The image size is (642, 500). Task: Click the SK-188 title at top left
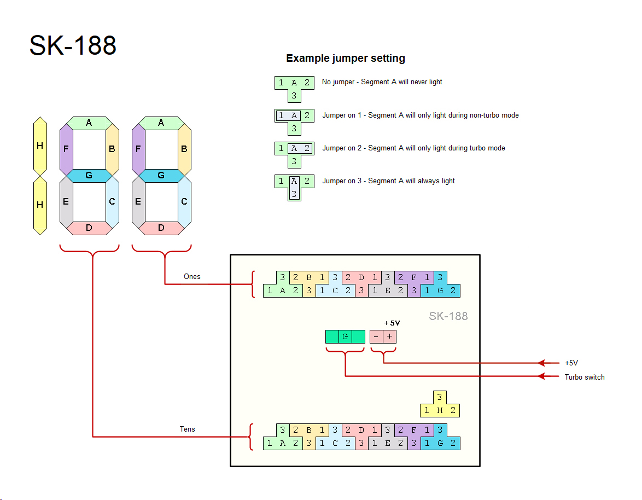(73, 45)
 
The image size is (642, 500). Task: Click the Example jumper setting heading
(346, 59)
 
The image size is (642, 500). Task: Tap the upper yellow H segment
(39, 146)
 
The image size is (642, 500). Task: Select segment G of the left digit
(89, 176)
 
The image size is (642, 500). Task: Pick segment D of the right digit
(161, 228)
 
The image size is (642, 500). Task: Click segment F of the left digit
(66, 149)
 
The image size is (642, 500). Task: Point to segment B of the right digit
(184, 149)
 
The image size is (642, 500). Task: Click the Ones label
(192, 276)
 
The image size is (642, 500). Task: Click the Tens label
(188, 429)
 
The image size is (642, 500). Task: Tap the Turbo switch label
(585, 377)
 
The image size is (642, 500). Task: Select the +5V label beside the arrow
(571, 363)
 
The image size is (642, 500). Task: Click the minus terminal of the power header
(376, 337)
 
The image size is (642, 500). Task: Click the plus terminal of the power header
(389, 337)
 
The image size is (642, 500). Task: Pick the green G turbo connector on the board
(345, 337)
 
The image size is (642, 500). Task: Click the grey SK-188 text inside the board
(448, 316)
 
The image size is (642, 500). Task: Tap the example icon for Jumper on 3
(294, 187)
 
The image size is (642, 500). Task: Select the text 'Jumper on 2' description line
(413, 148)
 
